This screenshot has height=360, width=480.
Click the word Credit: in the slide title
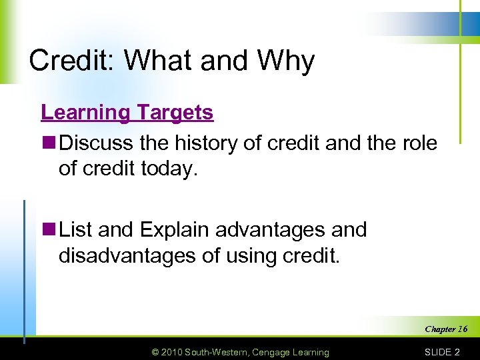(73, 61)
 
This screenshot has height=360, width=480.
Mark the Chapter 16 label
(445, 329)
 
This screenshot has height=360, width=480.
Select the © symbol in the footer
(156, 352)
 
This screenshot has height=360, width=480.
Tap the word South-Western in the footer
(216, 352)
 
